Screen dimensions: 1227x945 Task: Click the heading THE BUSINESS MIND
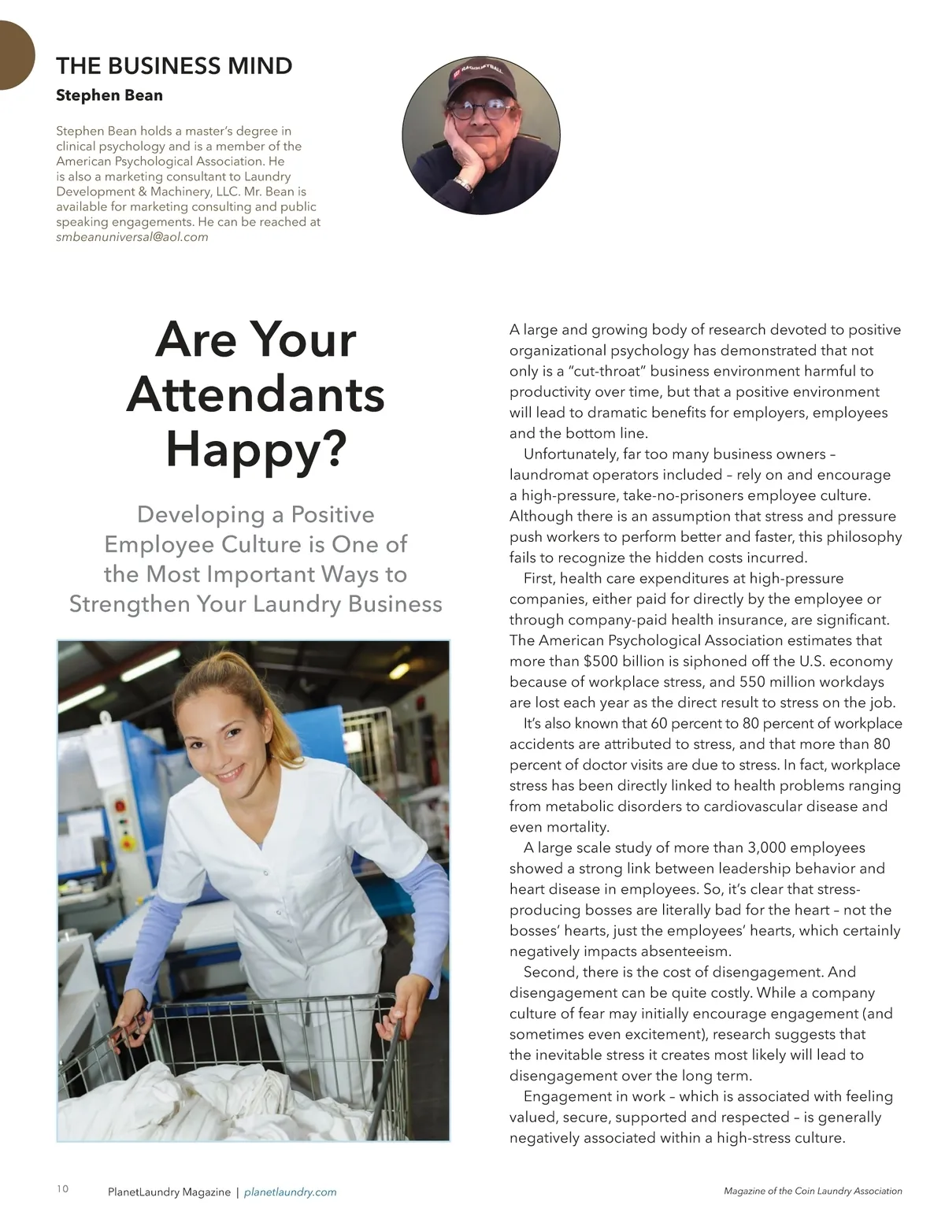coord(174,65)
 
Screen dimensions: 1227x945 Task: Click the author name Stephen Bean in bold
coord(109,95)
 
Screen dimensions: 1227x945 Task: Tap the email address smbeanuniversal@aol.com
coord(132,237)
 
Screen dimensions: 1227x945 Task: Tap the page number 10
coord(63,1188)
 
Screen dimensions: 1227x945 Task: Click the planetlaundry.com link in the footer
coord(291,1192)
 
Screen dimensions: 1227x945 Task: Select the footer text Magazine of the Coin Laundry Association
coord(813,1192)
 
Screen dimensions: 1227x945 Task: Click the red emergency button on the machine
coord(120,806)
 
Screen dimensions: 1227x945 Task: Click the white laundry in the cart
coord(228,1099)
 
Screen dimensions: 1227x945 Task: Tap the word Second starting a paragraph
coord(549,972)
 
